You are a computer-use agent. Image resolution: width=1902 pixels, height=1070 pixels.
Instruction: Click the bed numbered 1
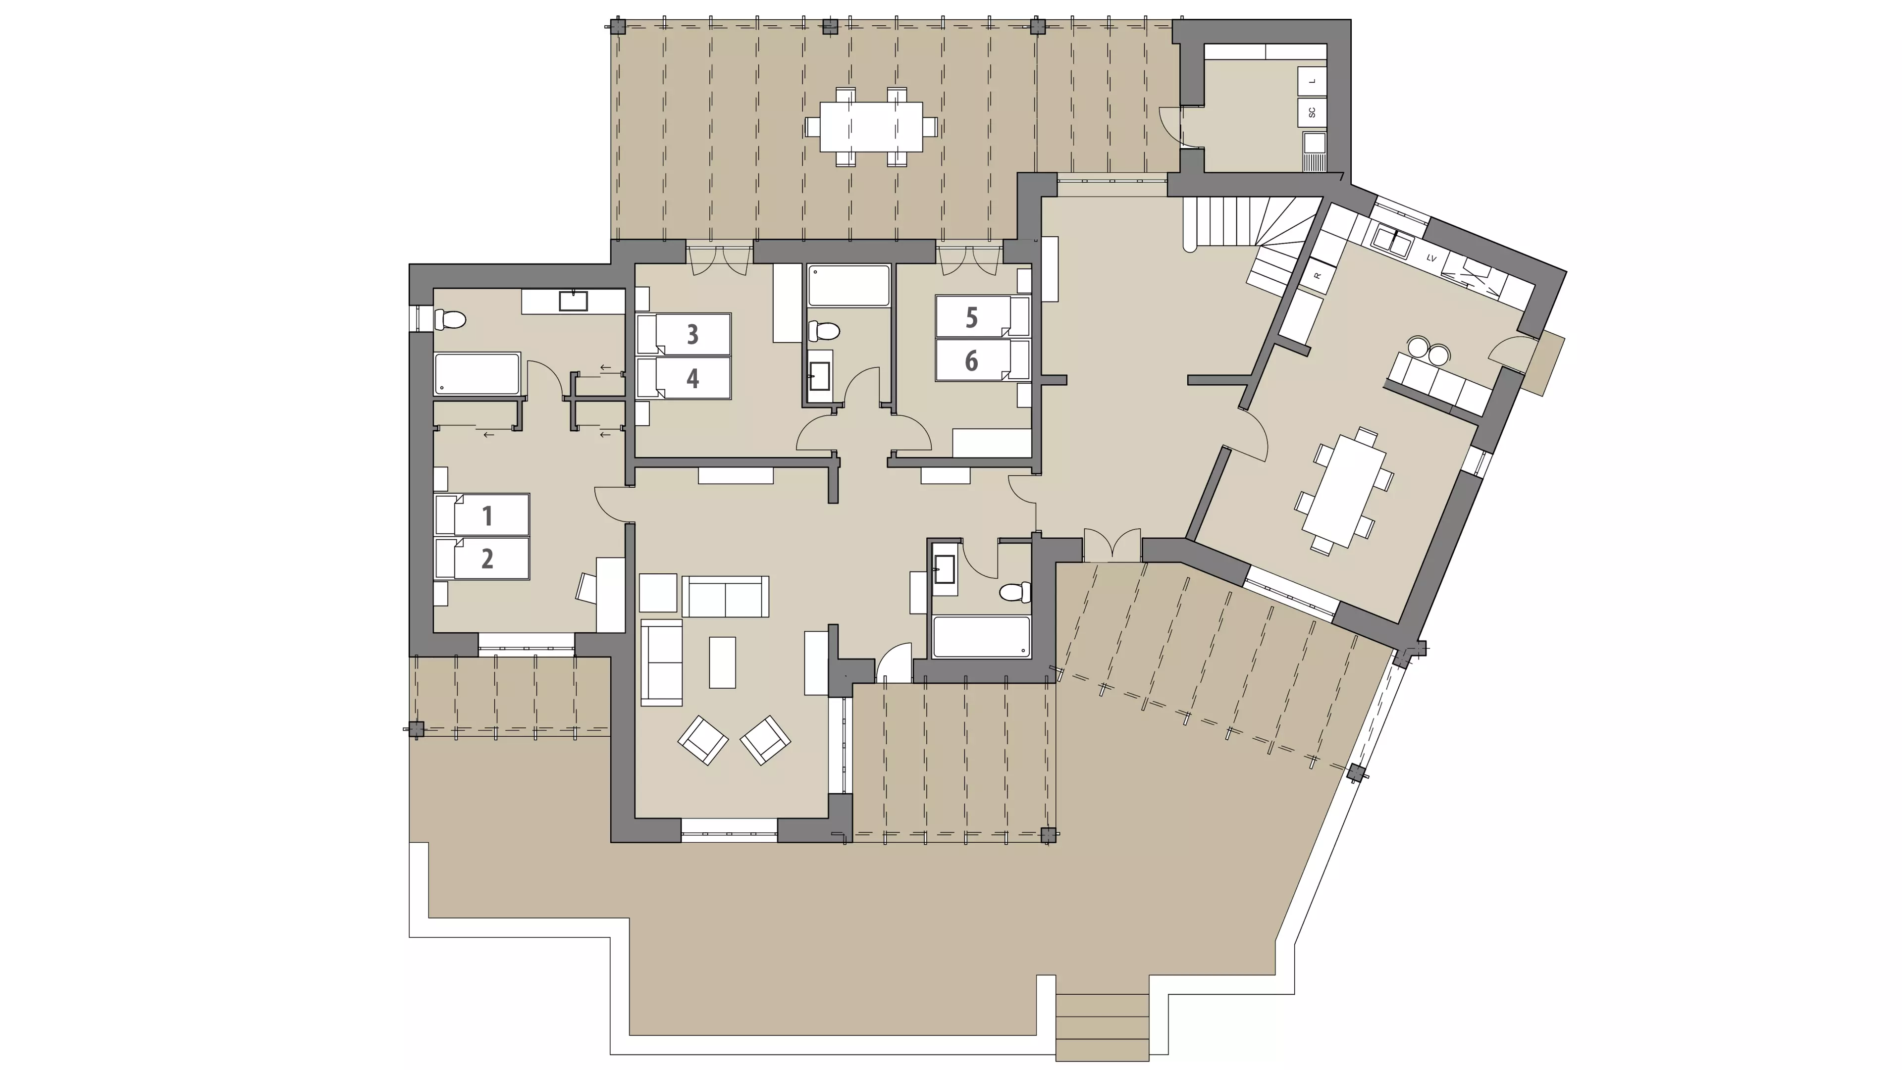482,514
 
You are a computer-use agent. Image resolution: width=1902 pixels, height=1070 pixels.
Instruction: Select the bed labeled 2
482,558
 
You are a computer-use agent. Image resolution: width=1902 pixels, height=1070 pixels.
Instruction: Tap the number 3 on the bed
692,334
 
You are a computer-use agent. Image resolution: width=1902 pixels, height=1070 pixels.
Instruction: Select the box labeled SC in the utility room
1312,112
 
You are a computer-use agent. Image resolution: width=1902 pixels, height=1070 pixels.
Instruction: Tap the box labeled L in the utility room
1312,81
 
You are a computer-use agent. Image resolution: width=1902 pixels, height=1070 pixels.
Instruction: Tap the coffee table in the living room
722,662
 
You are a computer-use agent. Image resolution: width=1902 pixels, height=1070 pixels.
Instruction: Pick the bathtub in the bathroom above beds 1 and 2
477,374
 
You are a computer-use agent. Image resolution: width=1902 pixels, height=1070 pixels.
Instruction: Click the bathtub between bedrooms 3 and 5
848,286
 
